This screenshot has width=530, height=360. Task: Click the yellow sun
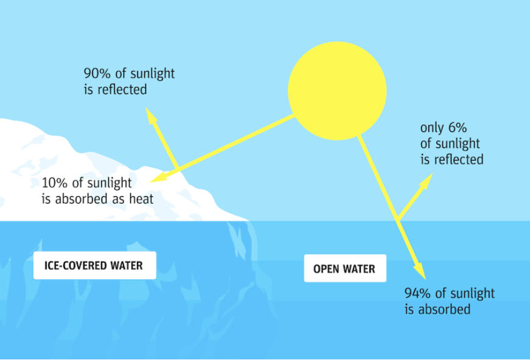coord(337,91)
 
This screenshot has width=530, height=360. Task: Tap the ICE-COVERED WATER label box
coord(95,266)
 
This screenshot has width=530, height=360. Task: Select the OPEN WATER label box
coord(345,269)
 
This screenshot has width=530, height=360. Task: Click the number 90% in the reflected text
coord(97,74)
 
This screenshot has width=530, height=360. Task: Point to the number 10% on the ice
coord(55,182)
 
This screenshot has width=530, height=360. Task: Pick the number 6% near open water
coord(458,128)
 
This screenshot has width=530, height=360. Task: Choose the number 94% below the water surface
coord(418,293)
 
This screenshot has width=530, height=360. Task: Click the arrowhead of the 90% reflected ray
coord(150,115)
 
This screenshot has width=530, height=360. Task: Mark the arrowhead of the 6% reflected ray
coord(427,181)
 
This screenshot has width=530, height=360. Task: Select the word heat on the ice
coord(141,199)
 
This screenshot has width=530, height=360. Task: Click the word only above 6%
coord(432,128)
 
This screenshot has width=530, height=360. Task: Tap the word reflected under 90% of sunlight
coord(122,89)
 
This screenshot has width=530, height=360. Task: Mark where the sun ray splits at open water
coord(398,220)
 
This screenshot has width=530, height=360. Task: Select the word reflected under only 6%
coord(459,159)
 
